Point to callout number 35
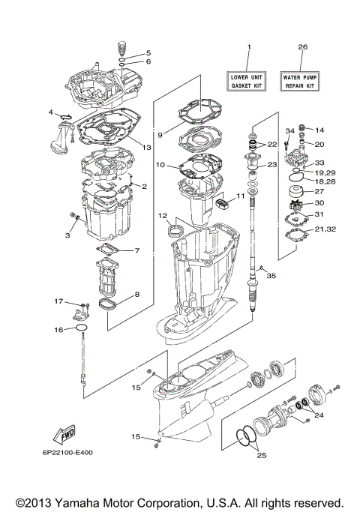(271, 276)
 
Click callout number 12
(162, 215)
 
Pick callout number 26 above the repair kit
(302, 47)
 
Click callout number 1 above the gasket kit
(250, 47)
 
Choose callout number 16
(58, 329)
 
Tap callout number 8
(137, 295)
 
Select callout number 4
(52, 112)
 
